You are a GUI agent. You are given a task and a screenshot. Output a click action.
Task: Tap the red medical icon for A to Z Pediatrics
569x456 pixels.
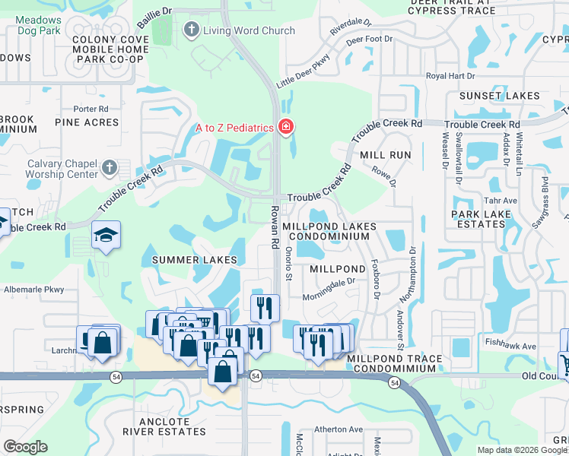pos(286,127)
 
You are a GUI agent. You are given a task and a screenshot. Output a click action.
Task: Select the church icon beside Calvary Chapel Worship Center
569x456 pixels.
pos(110,167)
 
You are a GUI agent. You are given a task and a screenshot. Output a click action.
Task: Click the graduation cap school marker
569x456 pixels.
pos(106,236)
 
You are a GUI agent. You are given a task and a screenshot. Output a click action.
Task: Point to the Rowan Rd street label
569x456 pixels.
pos(273,226)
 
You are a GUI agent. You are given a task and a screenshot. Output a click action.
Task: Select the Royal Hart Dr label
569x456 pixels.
pos(450,76)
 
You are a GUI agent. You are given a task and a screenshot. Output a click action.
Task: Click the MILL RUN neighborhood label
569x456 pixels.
pos(386,155)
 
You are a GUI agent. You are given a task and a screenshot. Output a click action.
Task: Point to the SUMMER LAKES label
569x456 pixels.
pos(194,260)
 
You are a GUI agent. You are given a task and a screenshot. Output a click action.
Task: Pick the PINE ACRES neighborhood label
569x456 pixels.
pos(87,122)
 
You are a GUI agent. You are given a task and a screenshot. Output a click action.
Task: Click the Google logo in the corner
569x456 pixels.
pos(25,447)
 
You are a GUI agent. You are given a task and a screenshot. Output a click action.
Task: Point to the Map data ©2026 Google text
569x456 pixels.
pos(522,450)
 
